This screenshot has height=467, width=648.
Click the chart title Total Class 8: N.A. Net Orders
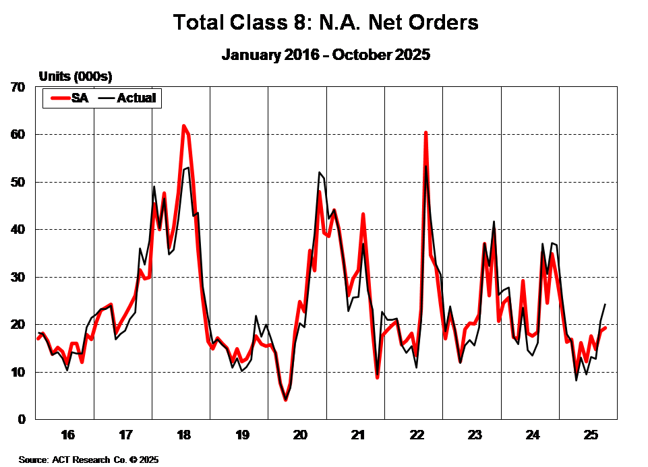326,22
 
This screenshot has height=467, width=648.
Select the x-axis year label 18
182,433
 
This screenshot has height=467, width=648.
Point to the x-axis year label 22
415,433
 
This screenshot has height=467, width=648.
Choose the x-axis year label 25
590,433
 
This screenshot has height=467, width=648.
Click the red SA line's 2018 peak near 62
183,126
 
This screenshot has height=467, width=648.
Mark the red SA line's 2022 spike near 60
425,133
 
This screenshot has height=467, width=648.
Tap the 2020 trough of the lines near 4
286,400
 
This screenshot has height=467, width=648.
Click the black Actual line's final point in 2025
605,305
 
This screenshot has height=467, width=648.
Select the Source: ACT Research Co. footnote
88,460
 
